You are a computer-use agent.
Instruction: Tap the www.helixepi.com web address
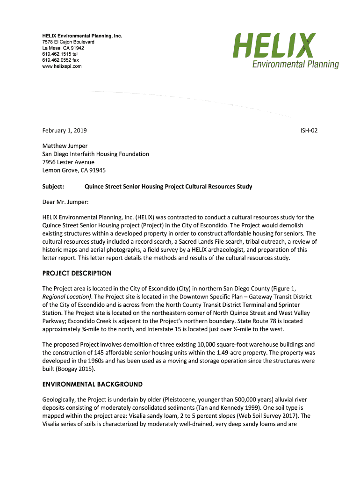[x=62, y=66]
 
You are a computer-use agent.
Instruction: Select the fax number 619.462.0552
[x=60, y=60]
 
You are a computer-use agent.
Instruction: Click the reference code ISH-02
[x=309, y=131]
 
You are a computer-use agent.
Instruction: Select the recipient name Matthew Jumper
[x=65, y=146]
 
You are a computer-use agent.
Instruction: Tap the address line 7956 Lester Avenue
[x=68, y=162]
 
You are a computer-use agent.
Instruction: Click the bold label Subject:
[x=53, y=187]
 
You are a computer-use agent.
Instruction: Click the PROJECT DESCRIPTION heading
[x=77, y=273]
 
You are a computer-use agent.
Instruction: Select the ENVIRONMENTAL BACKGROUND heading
[x=92, y=384]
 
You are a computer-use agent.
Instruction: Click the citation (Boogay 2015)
[x=74, y=369]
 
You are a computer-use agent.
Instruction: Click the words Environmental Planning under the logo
[x=295, y=64]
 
